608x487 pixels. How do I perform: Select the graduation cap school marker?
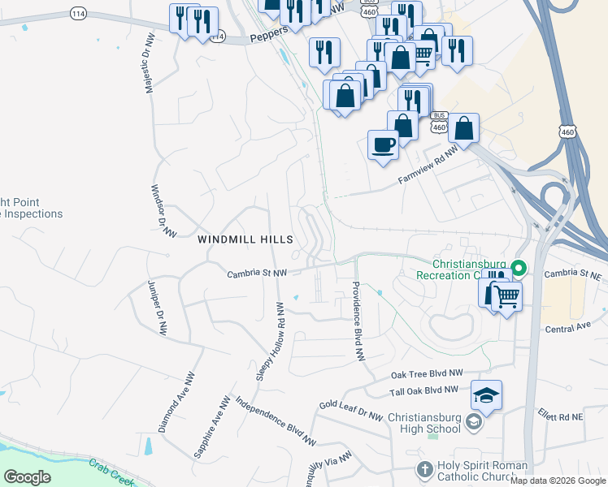(x=486, y=395)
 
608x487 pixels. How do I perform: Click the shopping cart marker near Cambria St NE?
(x=506, y=296)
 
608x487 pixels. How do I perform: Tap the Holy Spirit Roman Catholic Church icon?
(x=423, y=469)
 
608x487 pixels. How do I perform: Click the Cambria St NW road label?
(x=257, y=274)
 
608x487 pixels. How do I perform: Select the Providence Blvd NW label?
(x=356, y=321)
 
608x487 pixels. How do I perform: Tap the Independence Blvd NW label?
(x=275, y=421)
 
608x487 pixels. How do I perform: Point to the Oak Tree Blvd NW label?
(x=426, y=374)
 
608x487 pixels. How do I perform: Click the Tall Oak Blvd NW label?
(x=424, y=390)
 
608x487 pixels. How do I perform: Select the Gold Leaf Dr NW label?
(x=350, y=410)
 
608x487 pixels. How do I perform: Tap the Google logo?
(x=27, y=477)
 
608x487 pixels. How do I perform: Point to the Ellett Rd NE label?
(x=560, y=416)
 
